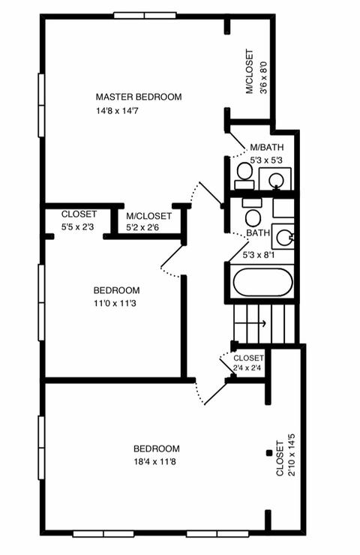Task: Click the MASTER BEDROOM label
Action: click(139, 97)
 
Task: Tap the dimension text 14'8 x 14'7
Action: click(117, 111)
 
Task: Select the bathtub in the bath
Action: click(263, 282)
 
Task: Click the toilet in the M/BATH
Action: click(244, 176)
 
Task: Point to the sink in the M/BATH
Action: click(276, 180)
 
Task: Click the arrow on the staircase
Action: click(250, 322)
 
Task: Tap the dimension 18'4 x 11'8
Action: click(154, 461)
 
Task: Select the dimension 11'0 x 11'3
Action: click(115, 303)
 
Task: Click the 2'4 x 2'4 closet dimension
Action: click(247, 367)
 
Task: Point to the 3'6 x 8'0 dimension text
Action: click(264, 77)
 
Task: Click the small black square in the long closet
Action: click(269, 453)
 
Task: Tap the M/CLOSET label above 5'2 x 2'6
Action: click(148, 216)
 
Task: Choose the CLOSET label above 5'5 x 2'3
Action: click(79, 214)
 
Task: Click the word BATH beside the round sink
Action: click(258, 233)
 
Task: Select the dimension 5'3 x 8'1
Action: click(259, 255)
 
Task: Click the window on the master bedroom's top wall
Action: click(145, 16)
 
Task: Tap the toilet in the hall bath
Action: click(253, 212)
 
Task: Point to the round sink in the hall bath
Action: click(284, 238)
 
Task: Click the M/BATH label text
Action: click(267, 147)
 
